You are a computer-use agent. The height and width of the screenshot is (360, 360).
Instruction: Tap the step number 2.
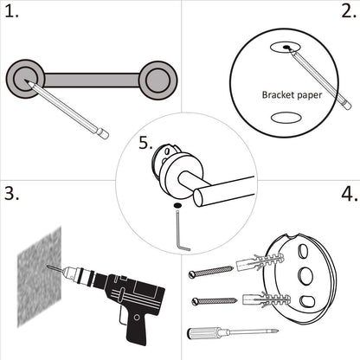pyautogui.click(x=346, y=12)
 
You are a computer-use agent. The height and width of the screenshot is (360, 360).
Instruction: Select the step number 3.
pyautogui.click(x=12, y=193)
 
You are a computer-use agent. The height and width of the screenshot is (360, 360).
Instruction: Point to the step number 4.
pyautogui.click(x=348, y=193)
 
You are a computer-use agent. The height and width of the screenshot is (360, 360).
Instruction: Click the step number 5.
pyautogui.click(x=146, y=143)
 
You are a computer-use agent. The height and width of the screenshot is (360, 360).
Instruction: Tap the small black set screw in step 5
pyautogui.click(x=177, y=204)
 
